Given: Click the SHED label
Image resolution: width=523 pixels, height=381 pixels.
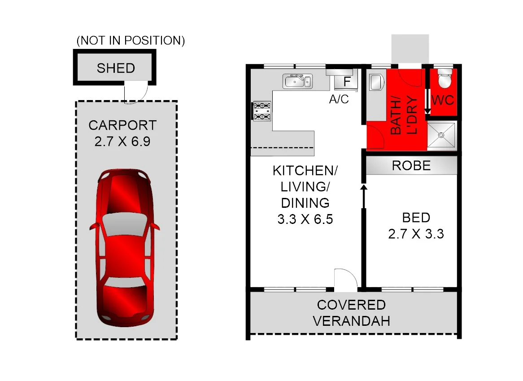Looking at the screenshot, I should coord(116,68).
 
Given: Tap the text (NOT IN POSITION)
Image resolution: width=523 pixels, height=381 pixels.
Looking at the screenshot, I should coord(131,40).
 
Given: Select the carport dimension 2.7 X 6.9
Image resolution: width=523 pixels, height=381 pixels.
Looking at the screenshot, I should coord(122,142).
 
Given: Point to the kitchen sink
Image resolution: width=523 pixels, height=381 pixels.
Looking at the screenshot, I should coord(296,82).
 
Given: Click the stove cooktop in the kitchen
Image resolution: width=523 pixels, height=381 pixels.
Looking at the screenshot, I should coord(262,111).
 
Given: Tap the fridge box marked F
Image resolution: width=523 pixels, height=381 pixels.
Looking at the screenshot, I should coord(347,82).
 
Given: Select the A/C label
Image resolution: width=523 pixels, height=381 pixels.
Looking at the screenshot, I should coord(339,99).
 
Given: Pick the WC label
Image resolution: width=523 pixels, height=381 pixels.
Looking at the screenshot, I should coord(443,100).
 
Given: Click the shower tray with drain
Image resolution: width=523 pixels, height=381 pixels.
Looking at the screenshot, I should coord(441,135).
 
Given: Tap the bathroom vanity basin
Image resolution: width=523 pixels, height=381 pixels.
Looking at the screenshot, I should coord(375,83).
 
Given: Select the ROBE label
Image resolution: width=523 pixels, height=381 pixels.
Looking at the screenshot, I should coord(411,166).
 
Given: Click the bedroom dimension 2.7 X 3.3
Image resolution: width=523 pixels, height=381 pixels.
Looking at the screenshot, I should coord(416,233).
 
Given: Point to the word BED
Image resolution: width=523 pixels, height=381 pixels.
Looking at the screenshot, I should coord(416,218).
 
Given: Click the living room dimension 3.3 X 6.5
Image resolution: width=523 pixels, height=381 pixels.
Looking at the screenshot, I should coord(305,219).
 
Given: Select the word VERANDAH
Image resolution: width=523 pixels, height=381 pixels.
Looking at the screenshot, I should coord(351,321).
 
